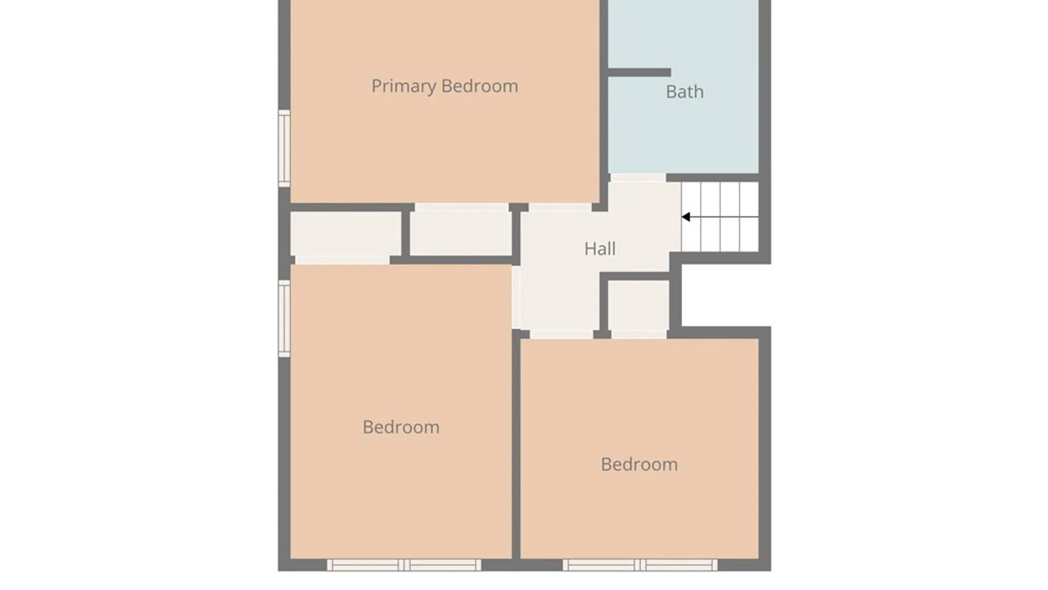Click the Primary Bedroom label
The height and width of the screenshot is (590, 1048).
pyautogui.click(x=444, y=86)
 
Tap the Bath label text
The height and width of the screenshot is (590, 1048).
pyautogui.click(x=684, y=92)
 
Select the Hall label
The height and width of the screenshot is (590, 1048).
pyautogui.click(x=600, y=249)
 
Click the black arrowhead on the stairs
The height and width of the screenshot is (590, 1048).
pyautogui.click(x=686, y=217)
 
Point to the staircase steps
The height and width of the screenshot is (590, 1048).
pyautogui.click(x=720, y=217)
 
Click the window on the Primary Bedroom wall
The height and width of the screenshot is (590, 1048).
pyautogui.click(x=284, y=148)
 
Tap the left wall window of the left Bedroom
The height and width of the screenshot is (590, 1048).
pyautogui.click(x=284, y=319)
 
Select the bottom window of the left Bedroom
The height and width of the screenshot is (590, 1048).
pyautogui.click(x=404, y=565)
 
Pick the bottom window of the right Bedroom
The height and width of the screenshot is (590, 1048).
pyautogui.click(x=640, y=565)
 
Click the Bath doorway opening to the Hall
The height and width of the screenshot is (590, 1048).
pyautogui.click(x=638, y=178)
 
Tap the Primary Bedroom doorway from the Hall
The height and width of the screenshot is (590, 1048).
pyautogui.click(x=560, y=208)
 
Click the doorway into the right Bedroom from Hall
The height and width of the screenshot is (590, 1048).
pyautogui.click(x=561, y=334)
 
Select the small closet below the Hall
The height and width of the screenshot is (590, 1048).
pyautogui.click(x=639, y=306)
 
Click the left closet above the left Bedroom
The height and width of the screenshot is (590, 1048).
pyautogui.click(x=346, y=234)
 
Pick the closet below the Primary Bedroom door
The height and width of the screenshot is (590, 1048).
pyautogui.click(x=461, y=233)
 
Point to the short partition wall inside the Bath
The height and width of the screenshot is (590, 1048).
pyautogui.click(x=639, y=73)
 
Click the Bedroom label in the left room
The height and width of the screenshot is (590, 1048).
pyautogui.click(x=401, y=427)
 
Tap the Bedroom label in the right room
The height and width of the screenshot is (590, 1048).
pyautogui.click(x=639, y=464)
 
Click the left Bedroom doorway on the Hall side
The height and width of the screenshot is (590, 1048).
pyautogui.click(x=516, y=297)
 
